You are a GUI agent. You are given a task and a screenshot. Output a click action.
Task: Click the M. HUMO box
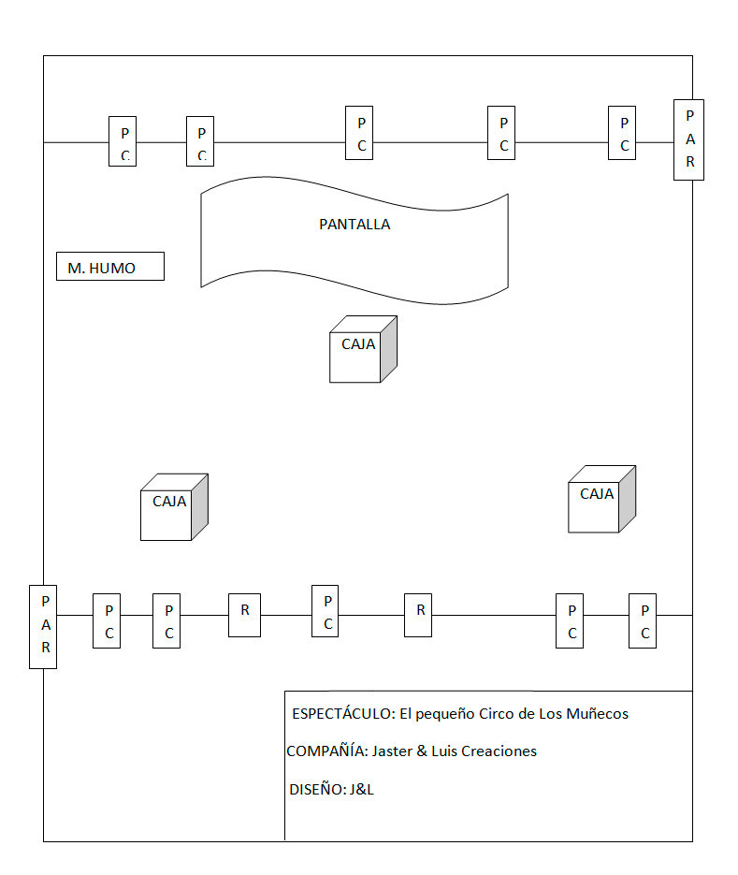pyautogui.click(x=109, y=266)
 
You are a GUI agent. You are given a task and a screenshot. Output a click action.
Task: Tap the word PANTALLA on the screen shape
pyautogui.click(x=355, y=225)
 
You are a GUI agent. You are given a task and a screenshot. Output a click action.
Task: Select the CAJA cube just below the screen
pyautogui.click(x=363, y=349)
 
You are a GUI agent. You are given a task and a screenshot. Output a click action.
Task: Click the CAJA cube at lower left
pyautogui.click(x=174, y=507)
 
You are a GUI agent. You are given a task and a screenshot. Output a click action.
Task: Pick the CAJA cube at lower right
pyautogui.click(x=601, y=499)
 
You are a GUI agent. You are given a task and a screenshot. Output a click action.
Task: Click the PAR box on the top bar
pyautogui.click(x=689, y=140)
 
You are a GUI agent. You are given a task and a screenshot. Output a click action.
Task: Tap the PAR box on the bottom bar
pyautogui.click(x=43, y=627)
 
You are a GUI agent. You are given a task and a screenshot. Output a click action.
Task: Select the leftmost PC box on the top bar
pyautogui.click(x=123, y=141)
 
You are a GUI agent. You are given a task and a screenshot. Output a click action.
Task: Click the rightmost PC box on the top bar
pyautogui.click(x=622, y=133)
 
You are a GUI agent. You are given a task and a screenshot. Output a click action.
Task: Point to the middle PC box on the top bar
pyautogui.click(x=359, y=133)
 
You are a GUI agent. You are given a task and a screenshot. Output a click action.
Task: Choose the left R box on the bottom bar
pyautogui.click(x=244, y=615)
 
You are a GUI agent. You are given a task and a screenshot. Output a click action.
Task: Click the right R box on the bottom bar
pyautogui.click(x=418, y=615)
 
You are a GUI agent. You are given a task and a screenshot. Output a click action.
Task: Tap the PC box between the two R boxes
pyautogui.click(x=326, y=611)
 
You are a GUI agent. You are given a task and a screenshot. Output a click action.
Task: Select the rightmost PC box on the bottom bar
pyautogui.click(x=643, y=620)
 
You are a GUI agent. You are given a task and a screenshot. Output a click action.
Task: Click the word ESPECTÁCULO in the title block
pyautogui.click(x=343, y=714)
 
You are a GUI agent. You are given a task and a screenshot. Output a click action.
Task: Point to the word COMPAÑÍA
pyautogui.click(x=327, y=751)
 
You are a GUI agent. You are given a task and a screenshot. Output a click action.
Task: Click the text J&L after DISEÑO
pyautogui.click(x=361, y=790)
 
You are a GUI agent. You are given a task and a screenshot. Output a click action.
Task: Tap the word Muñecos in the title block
pyautogui.click(x=598, y=714)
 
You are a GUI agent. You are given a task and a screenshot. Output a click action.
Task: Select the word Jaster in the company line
pyautogui.click(x=392, y=751)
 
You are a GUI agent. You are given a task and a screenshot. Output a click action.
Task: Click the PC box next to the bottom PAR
pyautogui.click(x=107, y=620)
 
